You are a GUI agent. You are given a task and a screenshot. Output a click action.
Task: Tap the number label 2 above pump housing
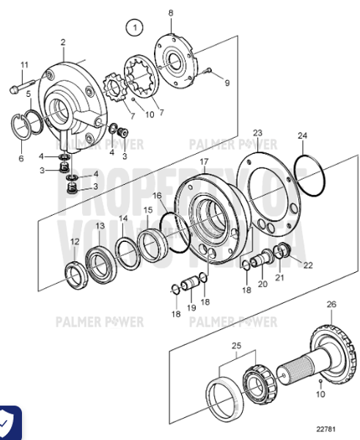click(63, 42)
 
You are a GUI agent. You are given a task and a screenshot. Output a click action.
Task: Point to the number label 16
click(157, 196)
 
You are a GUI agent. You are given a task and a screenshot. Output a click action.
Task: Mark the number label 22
click(308, 265)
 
